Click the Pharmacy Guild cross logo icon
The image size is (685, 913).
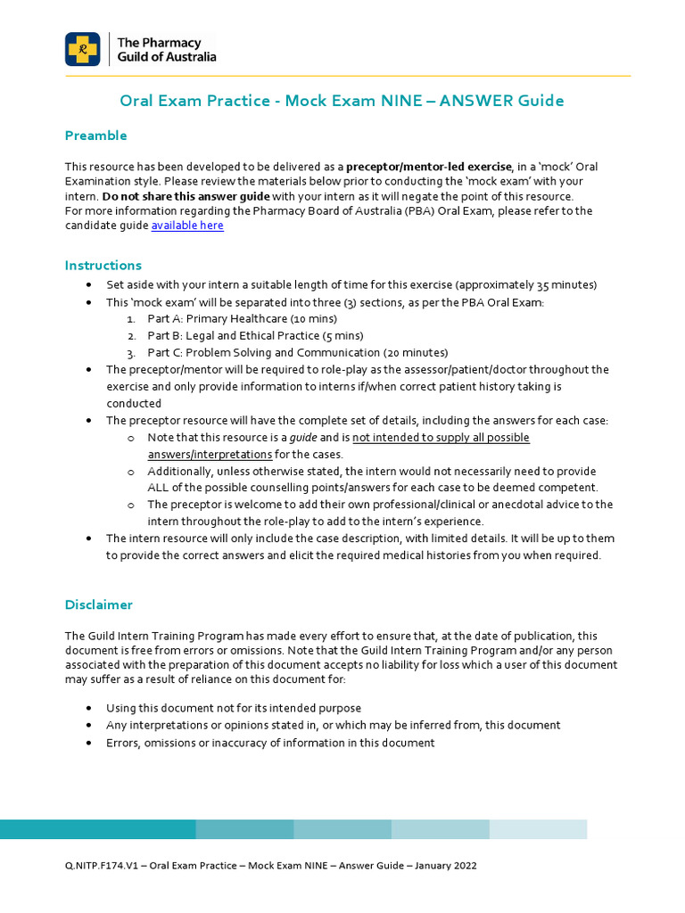(x=82, y=49)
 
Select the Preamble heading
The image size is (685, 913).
(x=95, y=136)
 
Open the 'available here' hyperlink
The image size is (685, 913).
(x=187, y=226)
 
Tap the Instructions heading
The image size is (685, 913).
(x=103, y=266)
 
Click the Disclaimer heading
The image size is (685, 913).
(x=98, y=605)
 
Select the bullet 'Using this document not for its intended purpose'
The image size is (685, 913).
(x=234, y=708)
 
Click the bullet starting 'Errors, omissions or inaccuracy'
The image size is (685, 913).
(x=270, y=743)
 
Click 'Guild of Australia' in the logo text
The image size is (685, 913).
(x=167, y=57)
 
